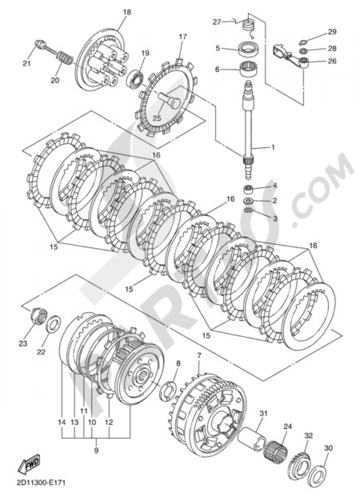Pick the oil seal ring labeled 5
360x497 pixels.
pos(248,48)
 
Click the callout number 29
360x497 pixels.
pos(332,32)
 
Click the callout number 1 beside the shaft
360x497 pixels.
pos(273,147)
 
